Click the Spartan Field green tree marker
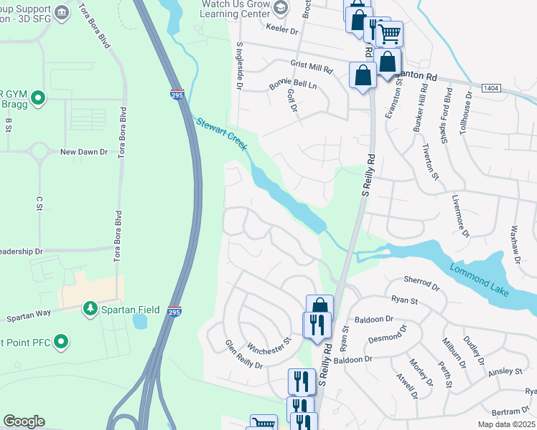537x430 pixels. point(90,308)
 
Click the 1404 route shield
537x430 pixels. point(491,87)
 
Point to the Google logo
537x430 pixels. point(24,421)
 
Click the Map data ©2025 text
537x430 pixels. point(507,424)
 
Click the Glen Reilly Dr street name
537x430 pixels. point(244,354)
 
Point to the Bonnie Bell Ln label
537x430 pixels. point(292,84)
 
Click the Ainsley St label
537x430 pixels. point(505,371)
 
